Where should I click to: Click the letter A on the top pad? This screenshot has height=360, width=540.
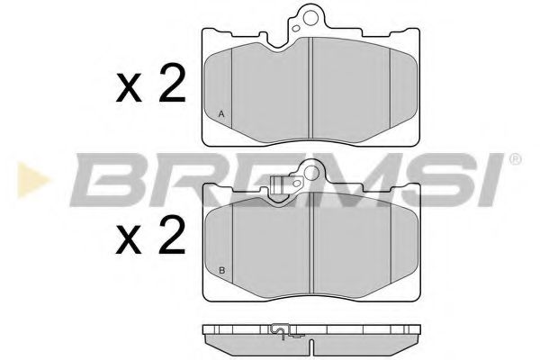pos(221,113)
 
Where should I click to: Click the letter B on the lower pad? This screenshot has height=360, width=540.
pos(221,271)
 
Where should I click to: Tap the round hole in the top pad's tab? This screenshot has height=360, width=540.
pos(310,15)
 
